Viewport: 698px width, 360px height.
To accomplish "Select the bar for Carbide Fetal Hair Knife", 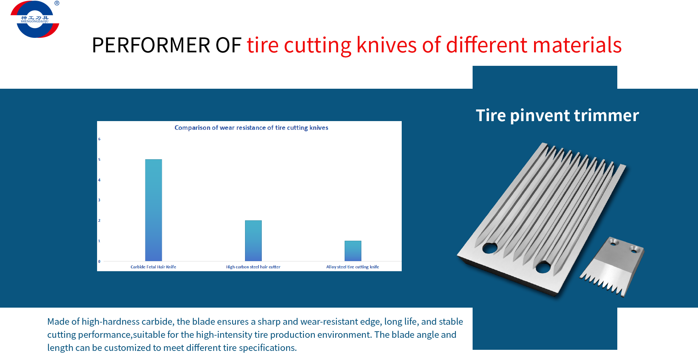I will point(153,210).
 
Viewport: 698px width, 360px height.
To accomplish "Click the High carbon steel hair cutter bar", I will point(253,241).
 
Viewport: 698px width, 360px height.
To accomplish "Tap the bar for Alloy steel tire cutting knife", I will point(353,251).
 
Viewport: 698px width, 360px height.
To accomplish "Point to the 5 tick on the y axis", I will point(99,160).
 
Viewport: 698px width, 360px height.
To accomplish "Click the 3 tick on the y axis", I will point(99,200).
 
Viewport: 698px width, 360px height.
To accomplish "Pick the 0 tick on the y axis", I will point(99,261).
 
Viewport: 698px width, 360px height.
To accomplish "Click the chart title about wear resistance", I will point(251,128).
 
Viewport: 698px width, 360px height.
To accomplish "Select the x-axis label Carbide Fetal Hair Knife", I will point(153,267).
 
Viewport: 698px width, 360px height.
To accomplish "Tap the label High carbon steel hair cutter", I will point(253,267).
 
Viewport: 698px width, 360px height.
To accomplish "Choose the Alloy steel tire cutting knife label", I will point(352,267).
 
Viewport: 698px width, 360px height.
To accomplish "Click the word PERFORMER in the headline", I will point(151,45).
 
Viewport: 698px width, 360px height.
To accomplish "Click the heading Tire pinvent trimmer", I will point(557,116).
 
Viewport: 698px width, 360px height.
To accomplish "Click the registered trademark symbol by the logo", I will point(57,3).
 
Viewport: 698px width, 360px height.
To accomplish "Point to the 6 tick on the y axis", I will point(99,139).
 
